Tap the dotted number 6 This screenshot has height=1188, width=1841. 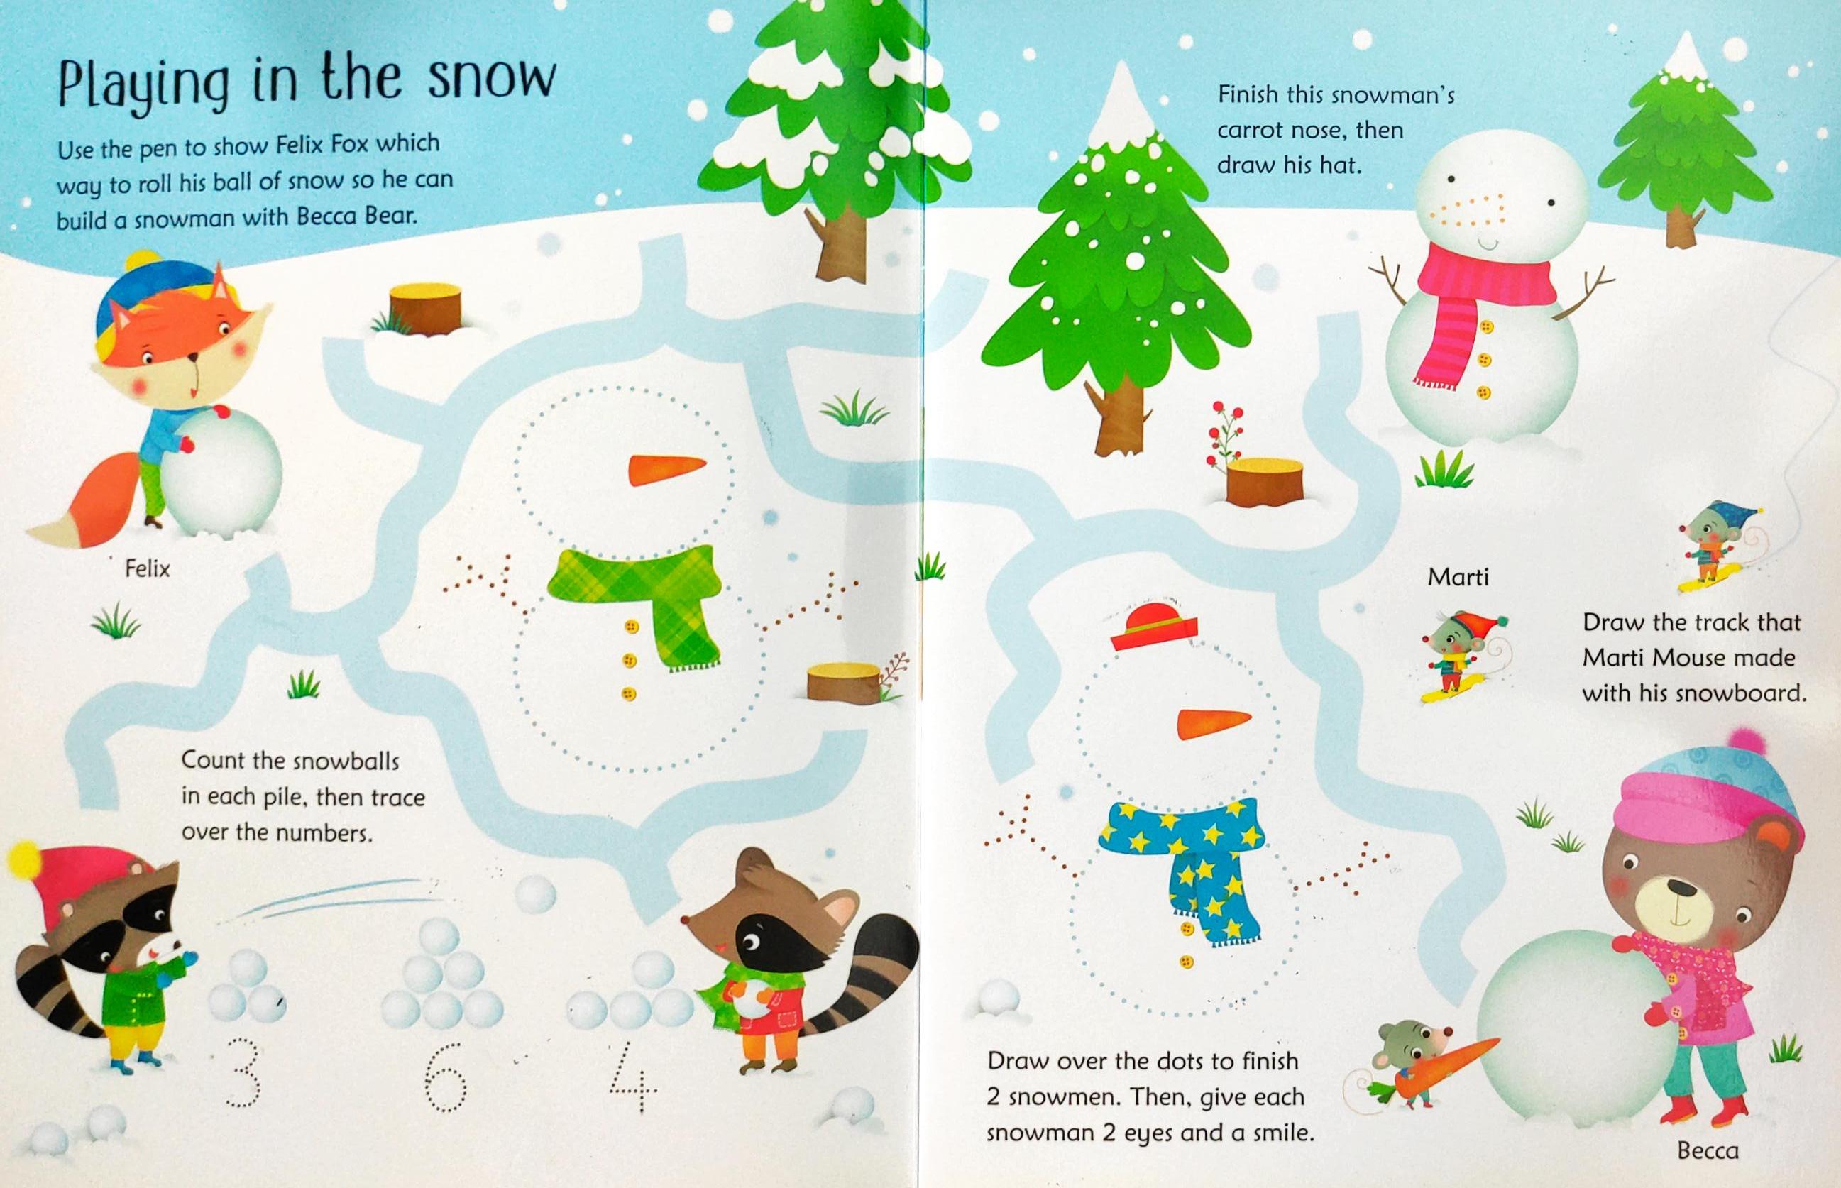[446, 1077]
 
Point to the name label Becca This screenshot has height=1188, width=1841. [1708, 1151]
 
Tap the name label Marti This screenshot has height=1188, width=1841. [1458, 577]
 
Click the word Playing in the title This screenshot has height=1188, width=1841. [143, 87]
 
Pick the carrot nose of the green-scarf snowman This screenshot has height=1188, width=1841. [666, 470]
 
